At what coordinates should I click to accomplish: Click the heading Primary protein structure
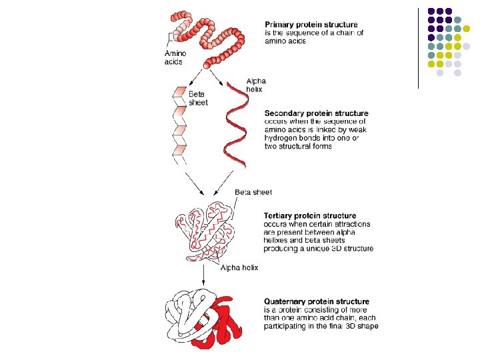tap(311, 25)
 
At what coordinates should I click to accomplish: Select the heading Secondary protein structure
tap(316, 113)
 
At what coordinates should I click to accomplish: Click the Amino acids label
tap(175, 57)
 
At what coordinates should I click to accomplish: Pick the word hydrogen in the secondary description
tap(285, 139)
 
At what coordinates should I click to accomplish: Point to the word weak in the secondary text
tap(356, 130)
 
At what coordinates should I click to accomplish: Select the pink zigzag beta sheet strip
tap(179, 123)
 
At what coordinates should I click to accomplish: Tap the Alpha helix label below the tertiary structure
tap(239, 267)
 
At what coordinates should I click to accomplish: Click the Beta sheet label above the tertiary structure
tap(253, 192)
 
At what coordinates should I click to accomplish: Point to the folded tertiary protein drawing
tap(207, 230)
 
